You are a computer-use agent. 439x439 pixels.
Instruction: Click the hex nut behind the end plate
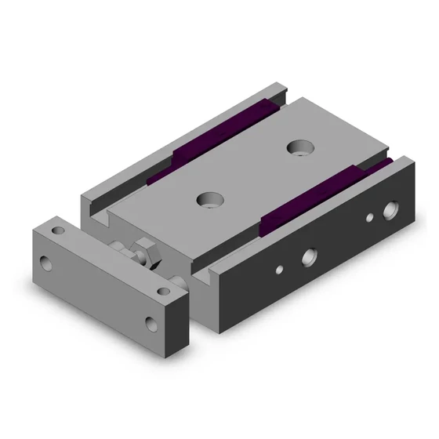(x=142, y=252)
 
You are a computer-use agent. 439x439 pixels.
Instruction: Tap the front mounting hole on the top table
(x=209, y=199)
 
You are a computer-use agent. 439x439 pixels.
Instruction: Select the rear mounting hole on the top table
(x=299, y=146)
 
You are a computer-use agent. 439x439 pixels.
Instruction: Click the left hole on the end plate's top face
(x=56, y=231)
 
